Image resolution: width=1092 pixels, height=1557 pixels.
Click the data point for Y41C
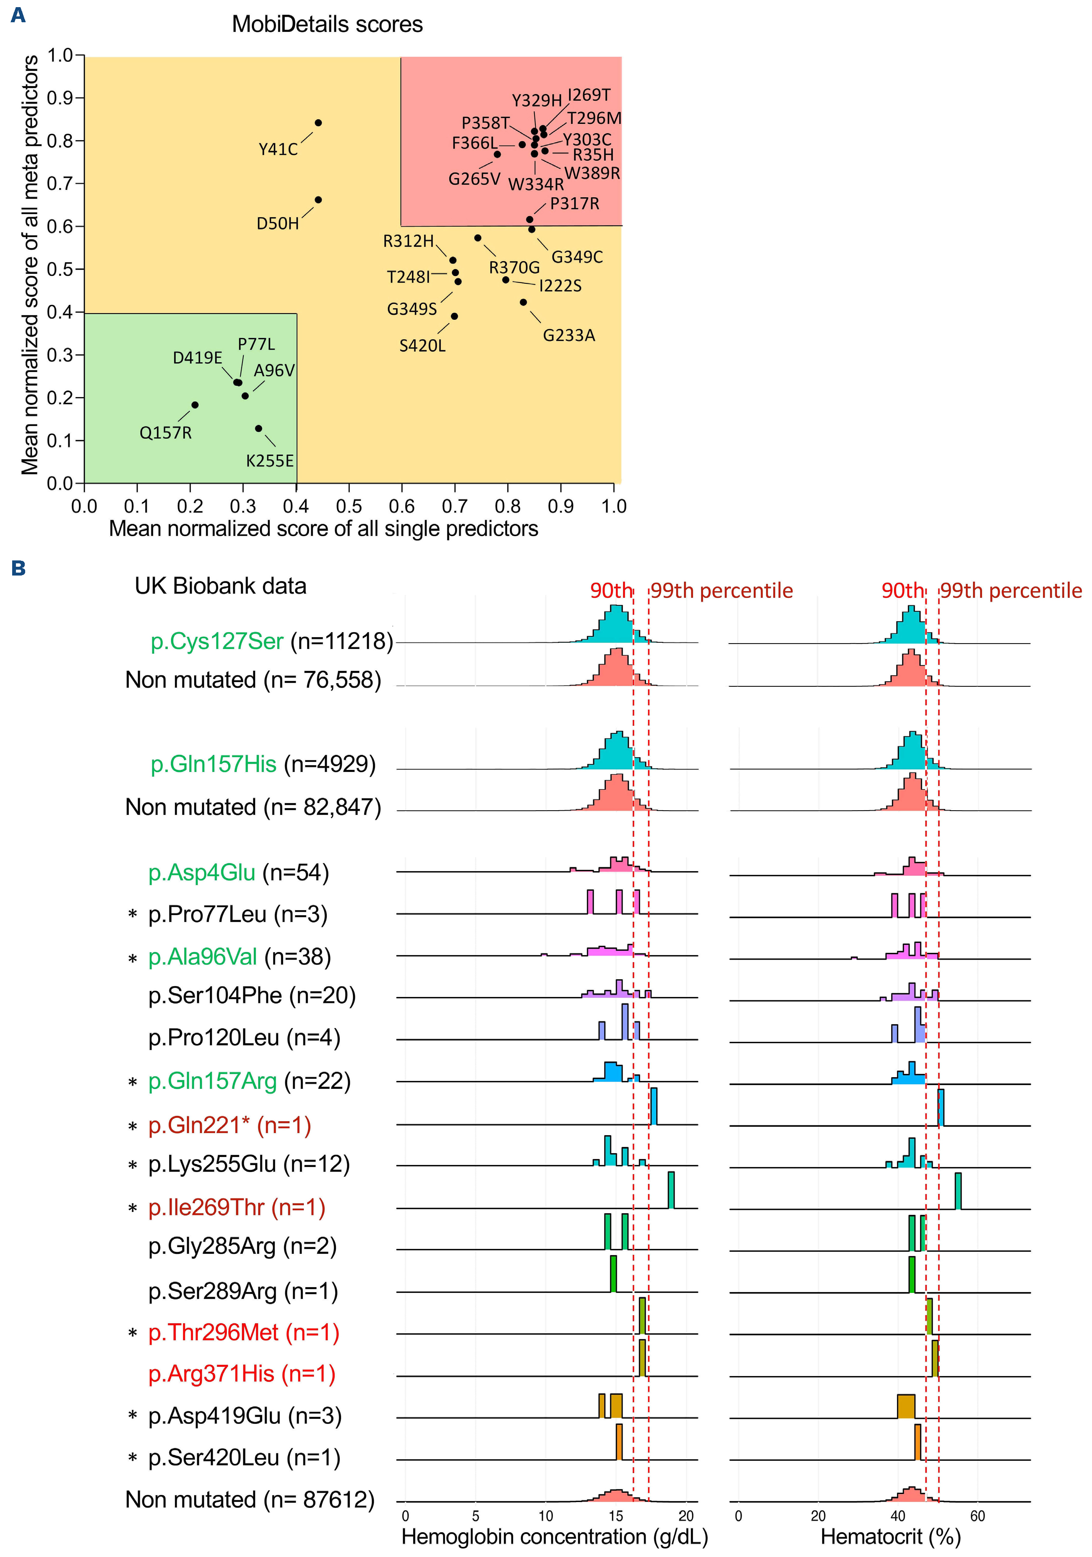pyautogui.click(x=318, y=123)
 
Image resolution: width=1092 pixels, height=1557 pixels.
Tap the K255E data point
pyautogui.click(x=259, y=429)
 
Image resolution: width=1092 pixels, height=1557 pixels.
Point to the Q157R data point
pyautogui.click(x=195, y=405)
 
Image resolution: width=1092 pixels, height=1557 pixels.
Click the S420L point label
pyautogui.click(x=422, y=346)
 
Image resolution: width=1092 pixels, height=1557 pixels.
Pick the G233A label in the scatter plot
pyautogui.click(x=569, y=335)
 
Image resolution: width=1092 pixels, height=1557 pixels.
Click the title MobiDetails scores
pyautogui.click(x=327, y=24)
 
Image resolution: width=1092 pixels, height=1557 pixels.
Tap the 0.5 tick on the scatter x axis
pyautogui.click(x=349, y=506)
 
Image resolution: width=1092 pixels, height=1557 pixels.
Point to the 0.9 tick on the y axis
pyautogui.click(x=60, y=98)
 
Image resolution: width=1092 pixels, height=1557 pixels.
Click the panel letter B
pyautogui.click(x=18, y=568)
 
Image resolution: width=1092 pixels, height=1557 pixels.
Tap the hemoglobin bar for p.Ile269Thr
pyautogui.click(x=671, y=1189)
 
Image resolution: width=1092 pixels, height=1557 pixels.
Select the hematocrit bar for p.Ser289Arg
pyautogui.click(x=912, y=1275)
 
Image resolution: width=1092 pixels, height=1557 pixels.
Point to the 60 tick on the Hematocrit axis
pyautogui.click(x=977, y=1516)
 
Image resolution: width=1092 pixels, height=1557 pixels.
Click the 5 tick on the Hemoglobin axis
pyautogui.click(x=476, y=1516)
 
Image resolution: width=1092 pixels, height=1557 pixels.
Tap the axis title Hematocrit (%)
pyautogui.click(x=890, y=1537)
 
